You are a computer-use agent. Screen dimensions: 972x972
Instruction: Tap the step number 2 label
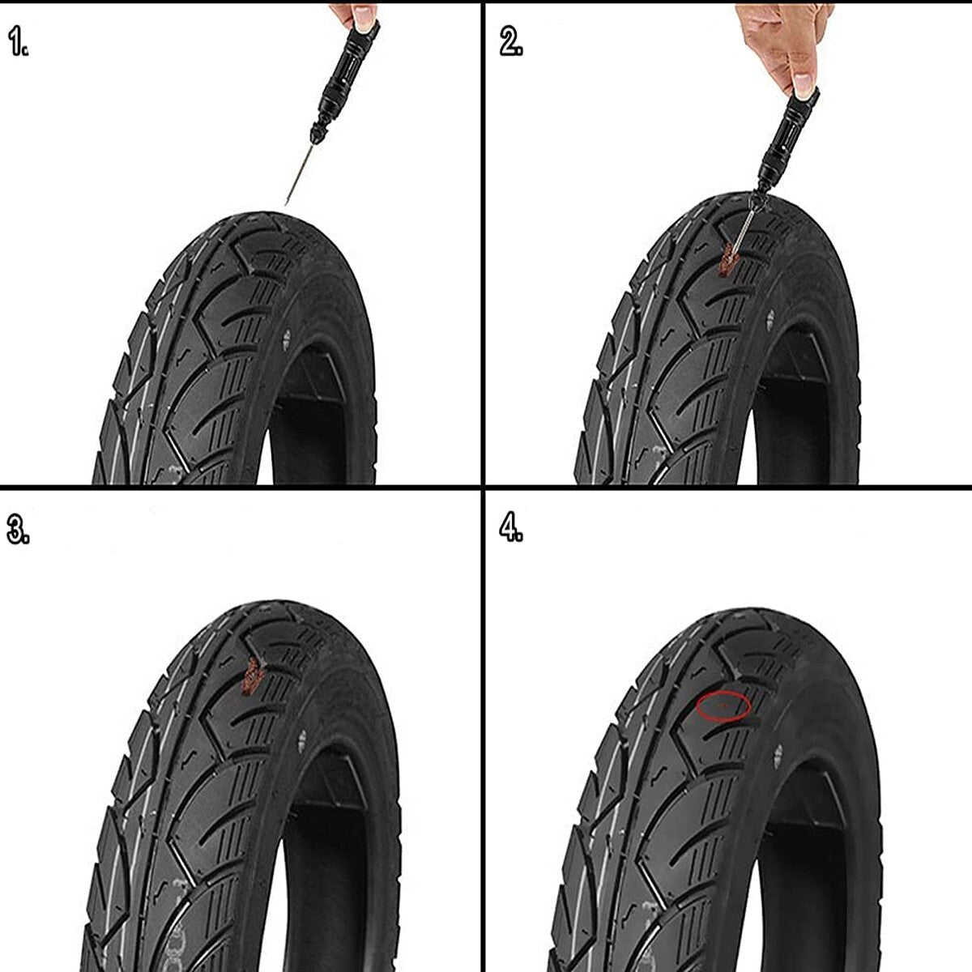(510, 42)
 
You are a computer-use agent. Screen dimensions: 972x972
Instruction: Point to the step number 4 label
(510, 528)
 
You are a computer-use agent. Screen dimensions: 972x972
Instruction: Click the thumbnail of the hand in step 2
(804, 81)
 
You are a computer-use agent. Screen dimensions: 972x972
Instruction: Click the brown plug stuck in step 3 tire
(251, 676)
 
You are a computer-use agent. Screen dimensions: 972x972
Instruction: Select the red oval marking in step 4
(723, 706)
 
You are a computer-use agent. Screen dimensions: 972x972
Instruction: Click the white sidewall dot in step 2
(767, 321)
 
